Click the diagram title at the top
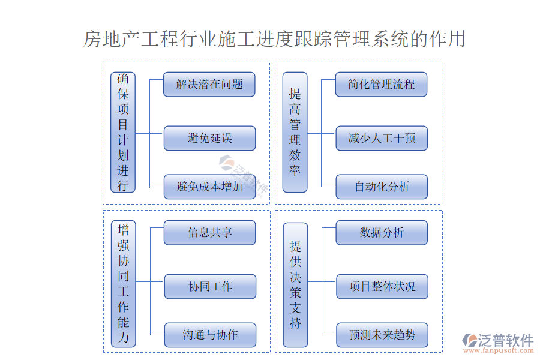click(274, 40)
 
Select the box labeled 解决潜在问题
click(209, 85)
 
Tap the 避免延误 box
click(209, 139)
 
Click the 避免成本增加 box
click(209, 187)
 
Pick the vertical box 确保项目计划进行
click(123, 133)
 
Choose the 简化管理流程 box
click(382, 85)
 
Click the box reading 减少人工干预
click(382, 139)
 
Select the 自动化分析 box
click(382, 187)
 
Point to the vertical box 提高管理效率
click(295, 133)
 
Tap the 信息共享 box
click(209, 233)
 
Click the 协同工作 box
click(209, 287)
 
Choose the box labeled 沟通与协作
click(209, 335)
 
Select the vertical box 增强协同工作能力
click(123, 284)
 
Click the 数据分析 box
click(382, 233)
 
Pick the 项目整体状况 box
click(382, 287)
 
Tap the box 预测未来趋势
click(382, 335)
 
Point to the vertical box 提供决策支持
click(295, 284)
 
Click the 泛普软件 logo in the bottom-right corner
click(497, 340)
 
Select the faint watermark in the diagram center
click(244, 178)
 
